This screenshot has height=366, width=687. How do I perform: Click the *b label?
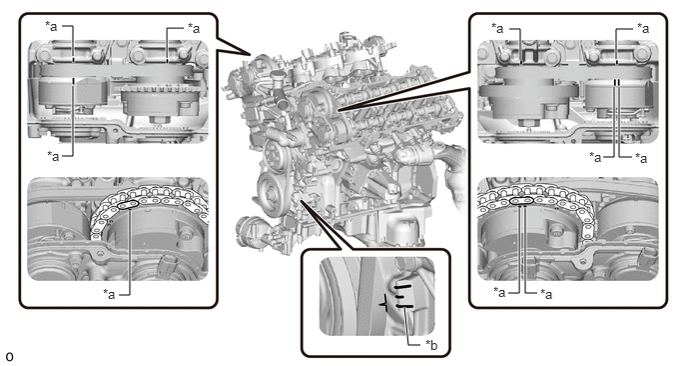pyautogui.click(x=431, y=345)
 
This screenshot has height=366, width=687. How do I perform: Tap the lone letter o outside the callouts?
pyautogui.click(x=9, y=356)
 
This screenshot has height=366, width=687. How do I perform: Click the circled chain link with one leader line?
pyautogui.click(x=128, y=205)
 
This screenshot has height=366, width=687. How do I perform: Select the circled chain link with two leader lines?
pyautogui.click(x=522, y=201)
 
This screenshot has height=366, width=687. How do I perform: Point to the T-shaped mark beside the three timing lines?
pyautogui.click(x=383, y=304)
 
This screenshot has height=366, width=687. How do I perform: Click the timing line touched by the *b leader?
pyautogui.click(x=404, y=306)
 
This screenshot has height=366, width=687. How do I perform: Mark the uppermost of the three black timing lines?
pyautogui.click(x=402, y=287)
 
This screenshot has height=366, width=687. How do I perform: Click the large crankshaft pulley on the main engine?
pyautogui.click(x=272, y=194)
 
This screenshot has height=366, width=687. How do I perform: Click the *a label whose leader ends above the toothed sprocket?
pyautogui.click(x=194, y=28)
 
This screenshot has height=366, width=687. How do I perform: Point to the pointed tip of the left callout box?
pyautogui.click(x=251, y=55)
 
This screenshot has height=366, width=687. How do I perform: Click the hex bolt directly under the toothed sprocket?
pyautogui.click(x=158, y=120)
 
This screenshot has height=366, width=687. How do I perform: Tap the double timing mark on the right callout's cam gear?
pyautogui.click(x=617, y=83)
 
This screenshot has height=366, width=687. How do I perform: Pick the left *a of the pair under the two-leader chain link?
pyautogui.click(x=499, y=291)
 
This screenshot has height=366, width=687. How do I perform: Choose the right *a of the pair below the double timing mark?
pyautogui.click(x=641, y=157)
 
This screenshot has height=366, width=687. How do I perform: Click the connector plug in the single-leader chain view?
pyautogui.click(x=168, y=264)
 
